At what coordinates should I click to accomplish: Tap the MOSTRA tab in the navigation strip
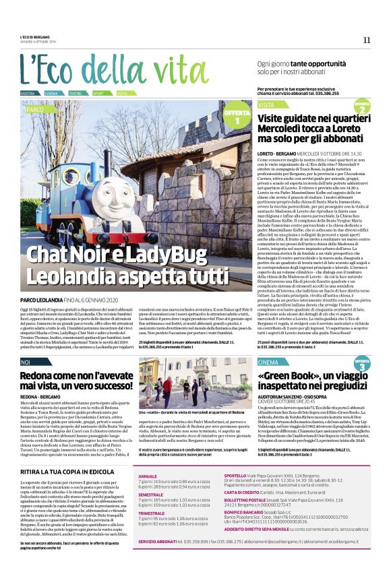tap(28, 93)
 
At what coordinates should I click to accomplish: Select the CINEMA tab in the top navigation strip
tap(51, 93)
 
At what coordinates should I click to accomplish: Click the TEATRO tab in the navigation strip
tap(75, 93)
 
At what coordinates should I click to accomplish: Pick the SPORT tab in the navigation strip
tap(98, 93)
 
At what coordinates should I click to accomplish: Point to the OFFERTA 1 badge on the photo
tap(237, 116)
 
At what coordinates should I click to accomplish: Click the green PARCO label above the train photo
tap(35, 108)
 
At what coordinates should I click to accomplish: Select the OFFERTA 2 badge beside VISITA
tap(362, 107)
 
